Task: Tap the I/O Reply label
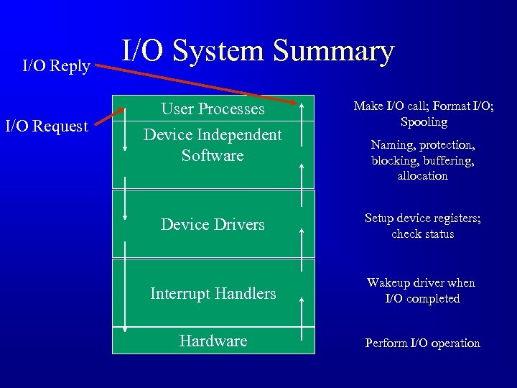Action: coord(56,67)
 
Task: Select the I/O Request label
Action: coord(47,127)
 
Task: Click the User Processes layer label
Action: coord(213,109)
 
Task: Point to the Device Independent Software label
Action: coord(213,145)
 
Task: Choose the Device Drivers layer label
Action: coord(213,225)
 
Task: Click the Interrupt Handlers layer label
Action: coord(213,293)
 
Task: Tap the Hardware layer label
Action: coord(213,341)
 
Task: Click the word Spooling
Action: coord(424,122)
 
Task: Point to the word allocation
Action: coord(422,175)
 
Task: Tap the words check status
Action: coord(422,234)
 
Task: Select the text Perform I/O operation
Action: coord(422,343)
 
